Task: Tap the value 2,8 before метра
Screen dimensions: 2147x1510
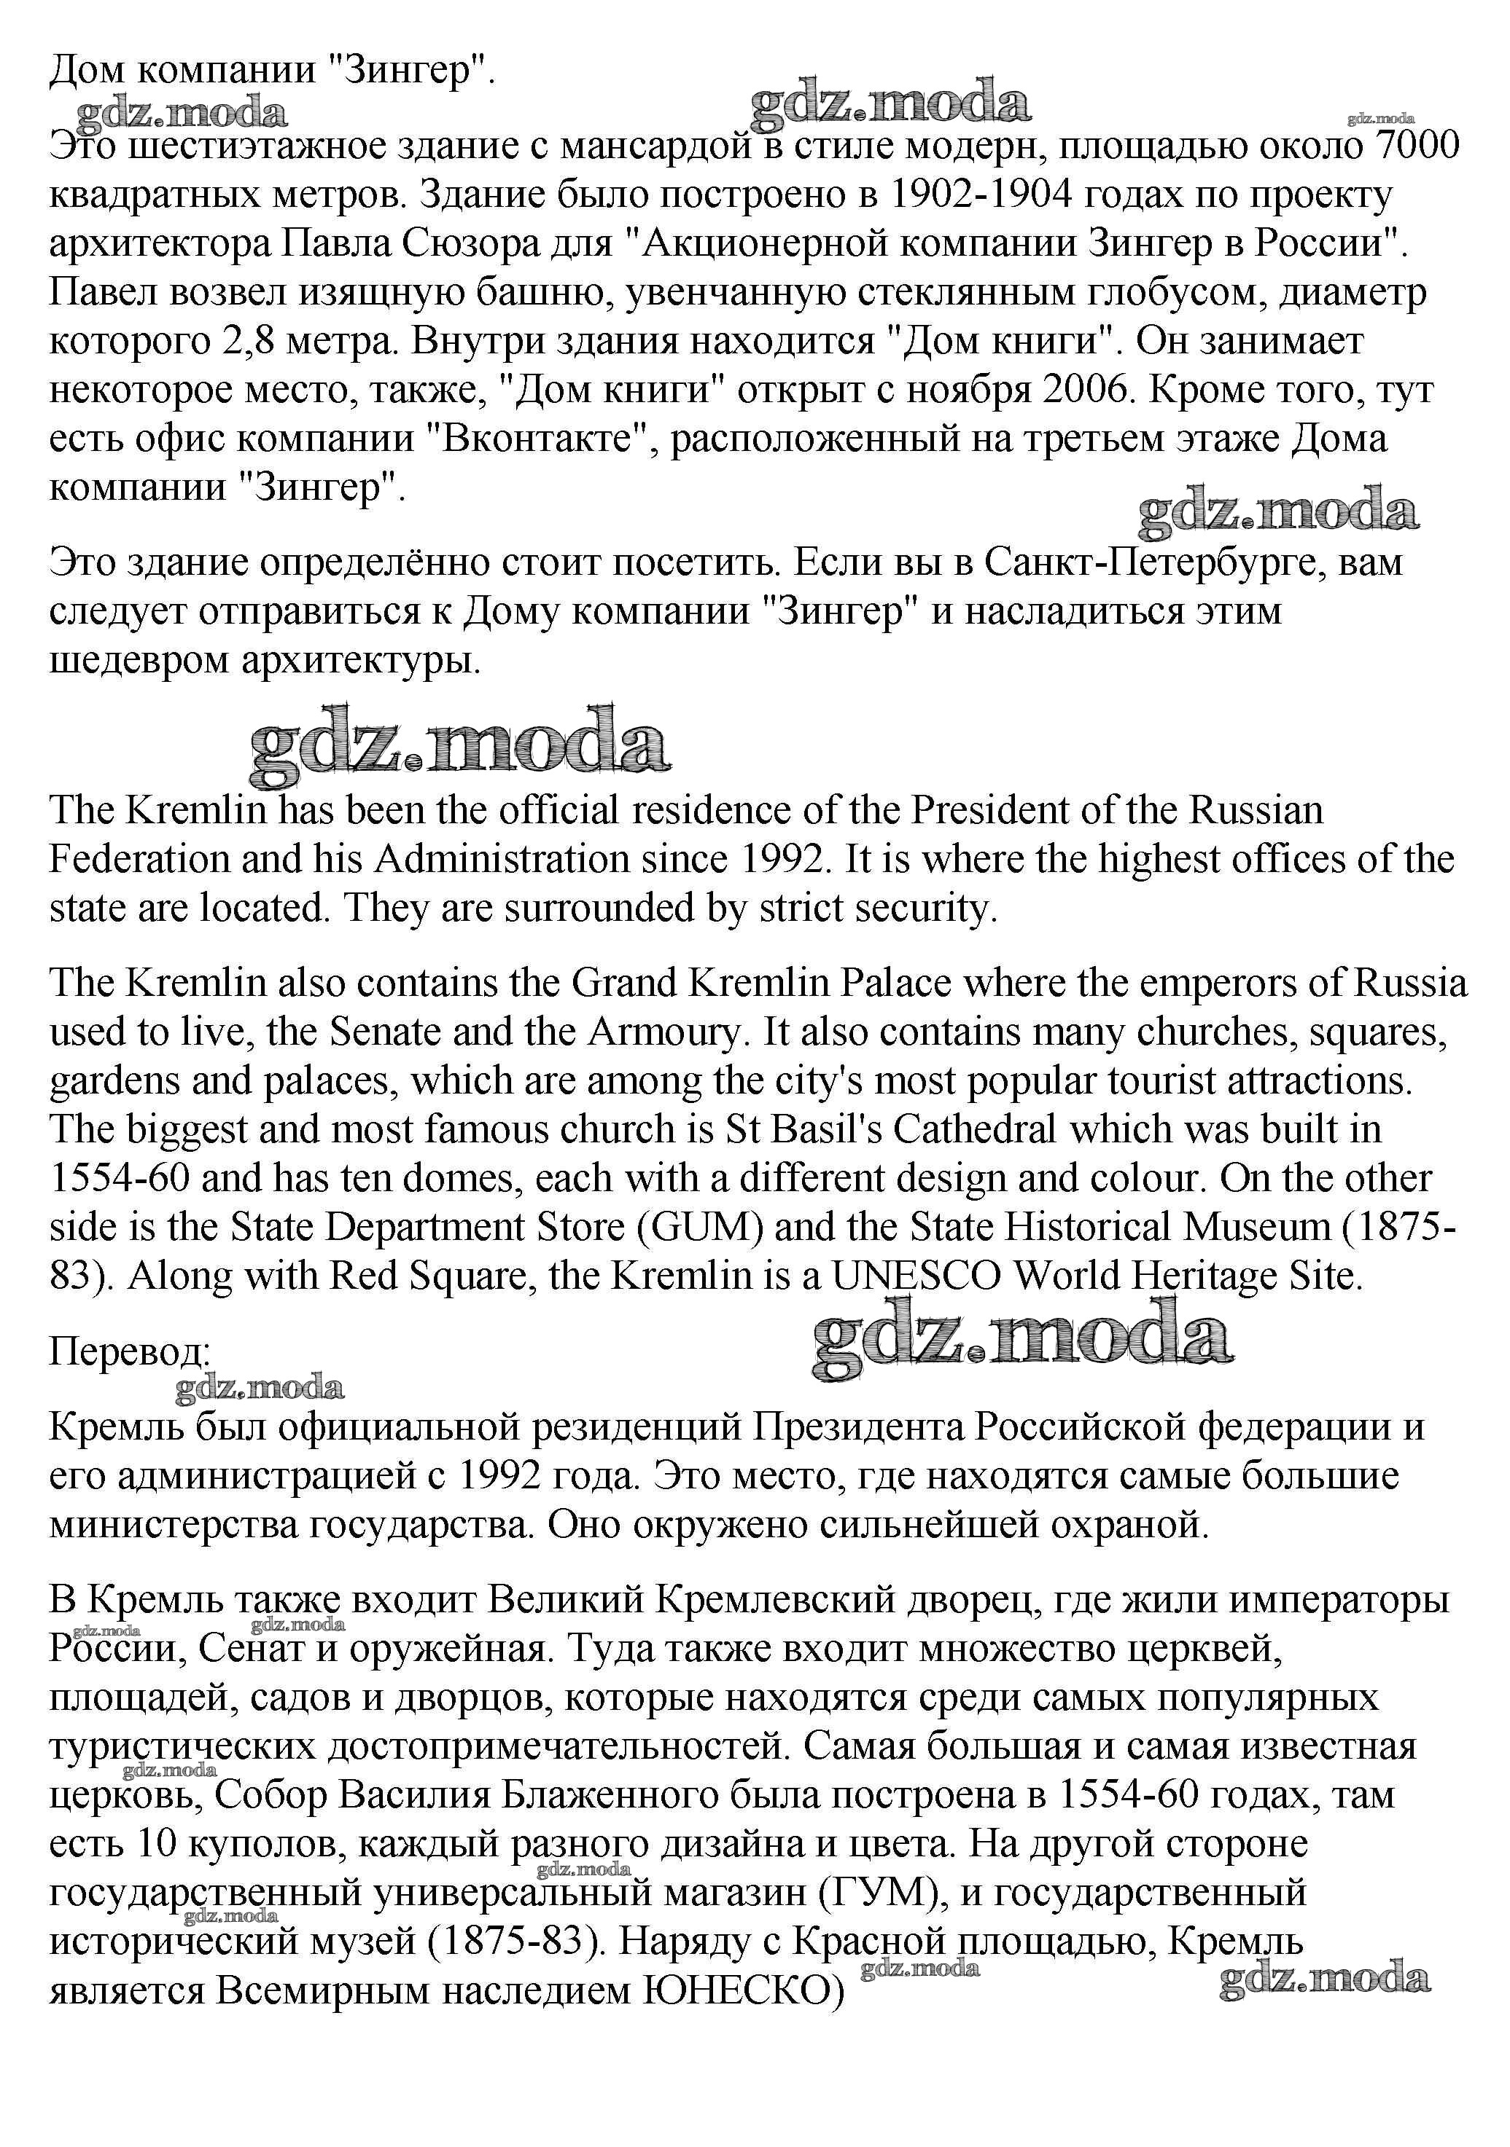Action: click(x=247, y=340)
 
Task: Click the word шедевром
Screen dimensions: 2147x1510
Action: click(x=139, y=660)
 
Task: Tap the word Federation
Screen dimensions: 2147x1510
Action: click(x=139, y=858)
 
